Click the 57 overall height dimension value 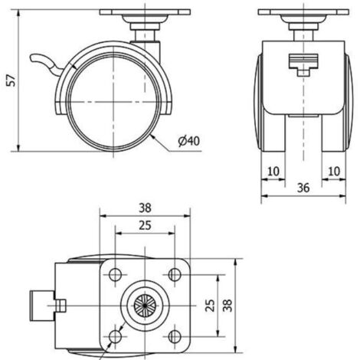pos(12,80)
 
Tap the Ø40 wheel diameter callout pos(189,141)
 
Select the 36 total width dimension pos(303,188)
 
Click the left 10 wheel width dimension pos(273,172)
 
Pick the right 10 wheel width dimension pos(334,172)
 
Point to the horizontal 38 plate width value pos(145,208)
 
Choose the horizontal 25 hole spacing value pos(145,225)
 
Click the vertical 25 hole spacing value pos(210,306)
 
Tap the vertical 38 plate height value pos(227,306)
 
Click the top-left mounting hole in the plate pos(115,275)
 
